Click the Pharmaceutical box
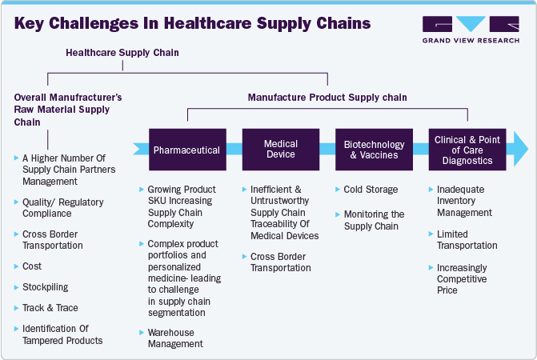[x=187, y=150]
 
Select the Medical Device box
[x=281, y=150]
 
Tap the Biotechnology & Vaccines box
[x=374, y=150]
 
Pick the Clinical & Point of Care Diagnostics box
[x=467, y=150]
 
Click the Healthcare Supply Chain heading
[x=122, y=53]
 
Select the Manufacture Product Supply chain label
[x=327, y=97]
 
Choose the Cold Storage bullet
[x=371, y=190]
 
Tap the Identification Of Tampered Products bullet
[x=62, y=334]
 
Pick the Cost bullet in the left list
[x=32, y=266]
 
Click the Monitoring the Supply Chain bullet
[x=375, y=220]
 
